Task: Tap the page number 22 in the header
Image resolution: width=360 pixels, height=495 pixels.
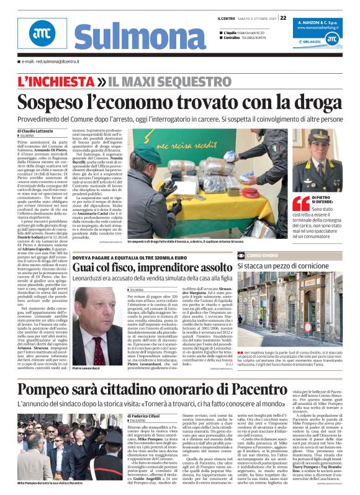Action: (283, 18)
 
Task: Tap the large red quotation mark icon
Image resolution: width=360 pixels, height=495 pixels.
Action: (301, 202)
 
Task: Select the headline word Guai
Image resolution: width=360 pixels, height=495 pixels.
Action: (84, 267)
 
